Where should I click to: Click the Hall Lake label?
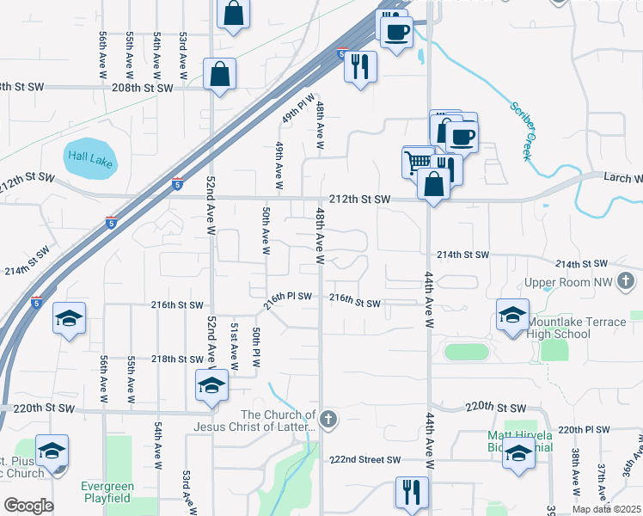90,157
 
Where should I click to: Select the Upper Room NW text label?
568,281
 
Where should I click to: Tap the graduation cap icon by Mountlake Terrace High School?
512,315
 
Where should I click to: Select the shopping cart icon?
418,162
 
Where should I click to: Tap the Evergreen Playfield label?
107,491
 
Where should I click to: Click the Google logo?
28,506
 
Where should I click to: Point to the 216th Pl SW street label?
287,296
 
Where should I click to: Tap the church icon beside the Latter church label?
329,419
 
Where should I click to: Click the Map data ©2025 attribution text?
606,509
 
